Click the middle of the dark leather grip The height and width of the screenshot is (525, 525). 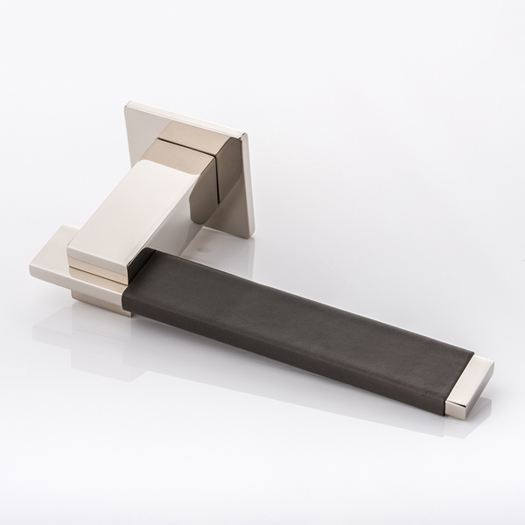pyautogui.click(x=297, y=324)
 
